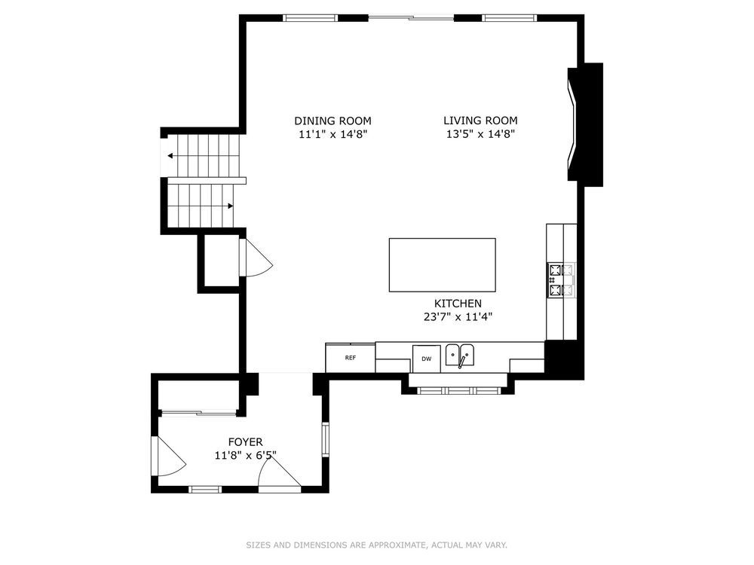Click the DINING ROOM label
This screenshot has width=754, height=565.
[333, 121]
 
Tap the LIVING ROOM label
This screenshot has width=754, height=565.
[480, 121]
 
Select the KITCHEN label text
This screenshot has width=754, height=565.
[458, 303]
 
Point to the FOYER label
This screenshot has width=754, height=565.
[245, 441]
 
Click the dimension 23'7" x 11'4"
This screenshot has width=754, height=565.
[458, 316]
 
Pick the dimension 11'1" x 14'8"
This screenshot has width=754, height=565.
[333, 134]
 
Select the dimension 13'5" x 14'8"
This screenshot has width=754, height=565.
[480, 134]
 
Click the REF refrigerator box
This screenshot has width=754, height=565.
[350, 358]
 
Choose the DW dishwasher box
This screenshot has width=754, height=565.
[426, 359]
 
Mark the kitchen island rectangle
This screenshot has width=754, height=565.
[442, 264]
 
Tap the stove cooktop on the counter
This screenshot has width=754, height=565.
[561, 280]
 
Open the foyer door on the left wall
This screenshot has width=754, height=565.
[169, 456]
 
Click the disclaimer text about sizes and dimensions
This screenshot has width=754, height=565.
[376, 545]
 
